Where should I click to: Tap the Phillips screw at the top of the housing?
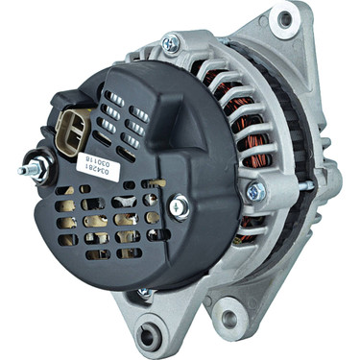(x=170, y=42)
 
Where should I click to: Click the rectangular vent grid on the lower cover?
(x=106, y=226)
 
